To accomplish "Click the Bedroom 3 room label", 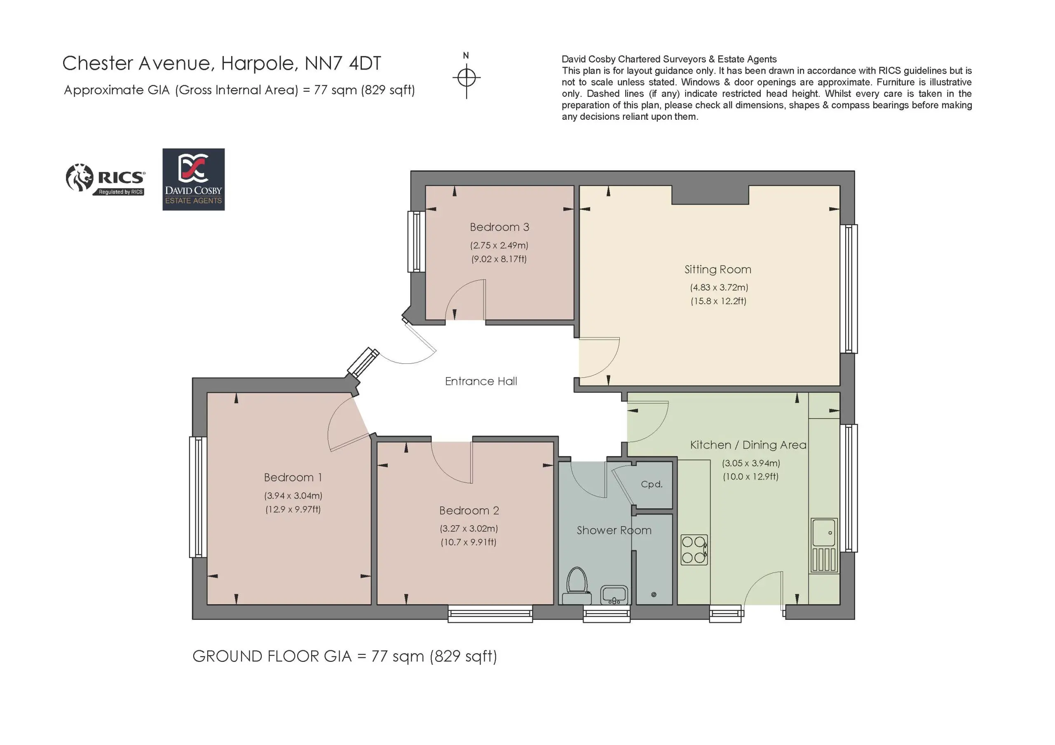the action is pos(499,227).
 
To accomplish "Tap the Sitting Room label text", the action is pos(718,270).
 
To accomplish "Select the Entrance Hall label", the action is pos(481,381).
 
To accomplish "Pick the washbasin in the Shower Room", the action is pos(614,595).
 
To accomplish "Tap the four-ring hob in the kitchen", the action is pos(694,549).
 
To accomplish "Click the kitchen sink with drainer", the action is pos(824,545).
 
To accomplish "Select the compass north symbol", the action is pos(467,76).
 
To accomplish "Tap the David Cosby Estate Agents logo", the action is pos(193,179).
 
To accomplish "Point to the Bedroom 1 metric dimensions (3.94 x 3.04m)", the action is pos(293,496).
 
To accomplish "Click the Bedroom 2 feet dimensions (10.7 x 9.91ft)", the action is pos(469,542).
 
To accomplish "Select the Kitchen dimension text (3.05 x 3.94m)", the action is pos(751,463).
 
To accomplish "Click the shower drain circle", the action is pos(654,594).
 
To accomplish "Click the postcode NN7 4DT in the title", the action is pos(343,63).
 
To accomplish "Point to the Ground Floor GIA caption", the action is pos(345,657).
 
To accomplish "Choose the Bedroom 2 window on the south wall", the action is pos(490,613).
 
